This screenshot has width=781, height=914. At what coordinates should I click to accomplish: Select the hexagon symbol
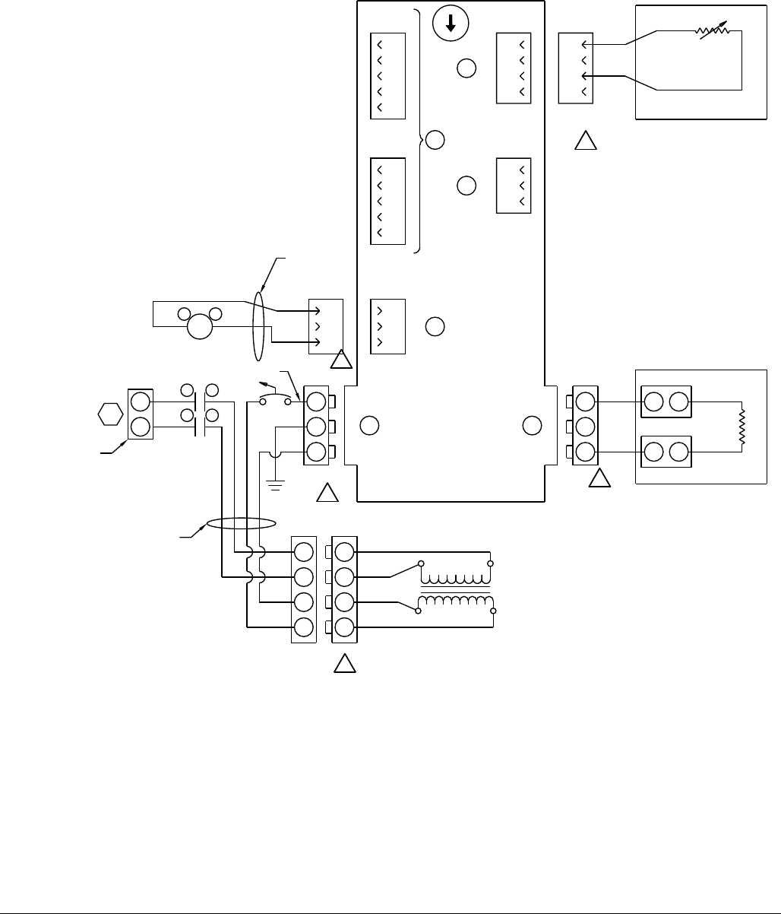click(110, 414)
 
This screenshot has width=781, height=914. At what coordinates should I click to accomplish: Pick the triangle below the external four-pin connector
click(585, 142)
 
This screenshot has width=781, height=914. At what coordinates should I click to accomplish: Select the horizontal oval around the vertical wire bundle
click(239, 524)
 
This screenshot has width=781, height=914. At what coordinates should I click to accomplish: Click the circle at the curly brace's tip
click(434, 140)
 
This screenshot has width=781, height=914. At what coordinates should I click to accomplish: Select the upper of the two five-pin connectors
click(388, 76)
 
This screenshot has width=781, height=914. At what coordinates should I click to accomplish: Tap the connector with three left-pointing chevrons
click(513, 185)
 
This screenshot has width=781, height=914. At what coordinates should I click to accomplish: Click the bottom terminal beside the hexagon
click(140, 427)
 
